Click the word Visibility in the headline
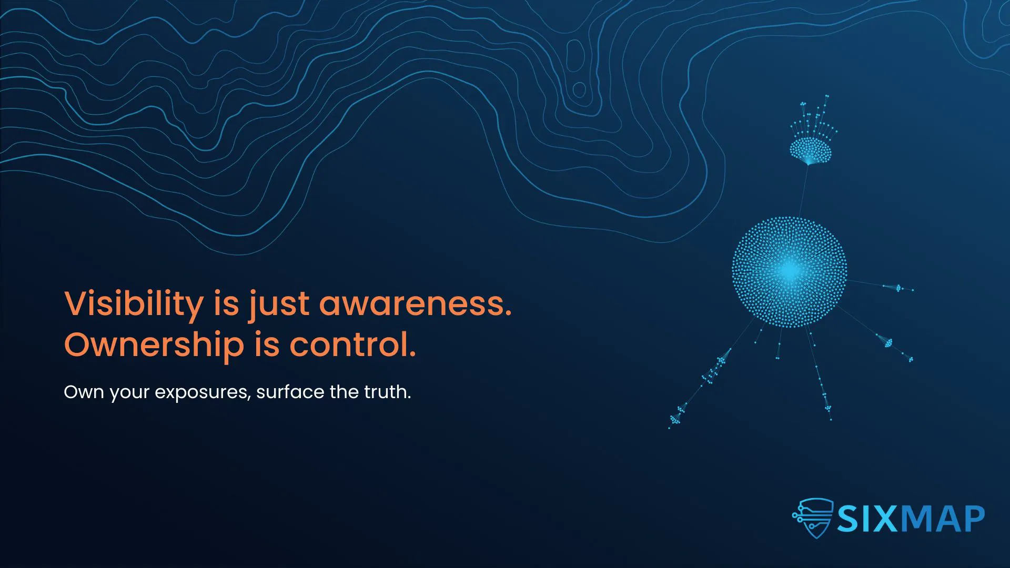click(134, 303)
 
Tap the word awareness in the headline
click(415, 303)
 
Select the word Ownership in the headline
click(154, 345)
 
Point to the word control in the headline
click(352, 345)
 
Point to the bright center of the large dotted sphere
click(789, 271)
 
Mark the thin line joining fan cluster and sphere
click(804, 190)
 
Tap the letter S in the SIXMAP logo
click(848, 519)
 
